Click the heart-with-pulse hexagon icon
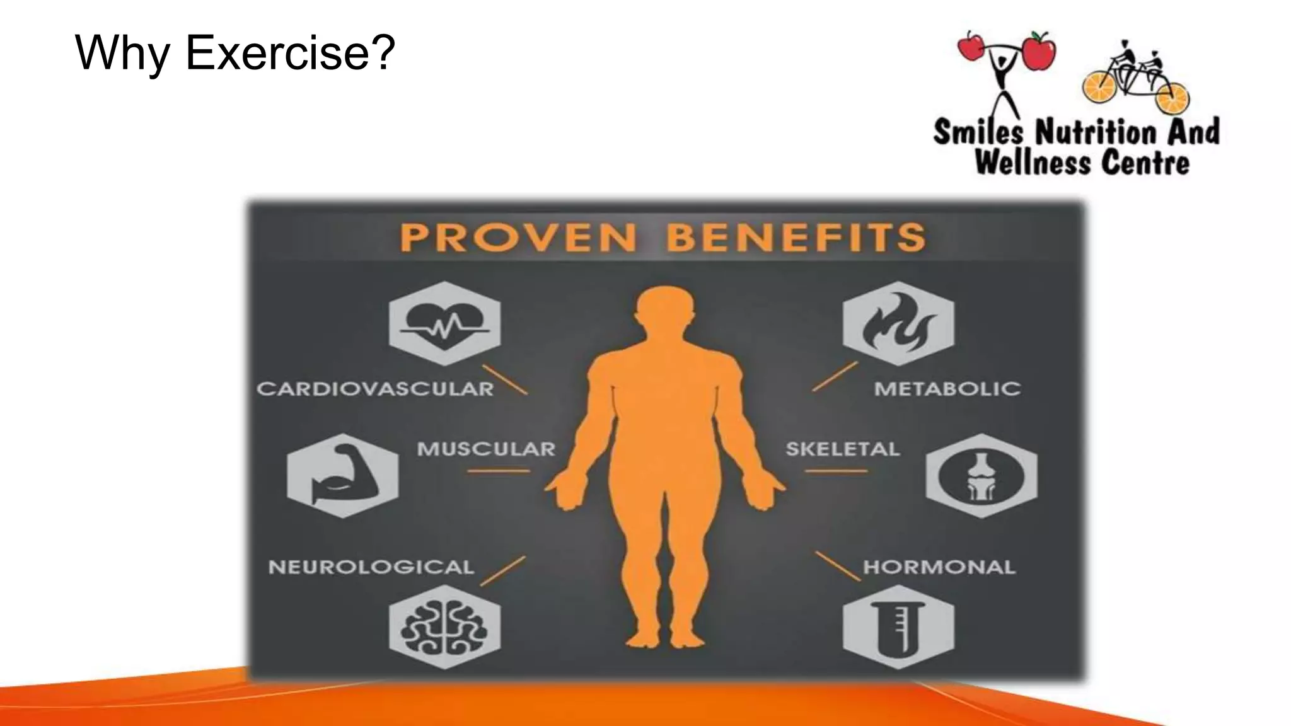pos(444,323)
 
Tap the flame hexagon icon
pos(898,323)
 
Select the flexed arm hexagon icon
pos(342,476)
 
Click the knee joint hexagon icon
pos(981,476)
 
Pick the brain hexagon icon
pos(444,626)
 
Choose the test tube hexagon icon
pos(898,626)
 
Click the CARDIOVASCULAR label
pos(375,389)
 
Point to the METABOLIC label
pos(947,389)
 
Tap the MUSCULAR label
pos(486,449)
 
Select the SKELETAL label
pos(842,449)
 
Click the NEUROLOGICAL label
pos(371,567)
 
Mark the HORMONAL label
pos(939,567)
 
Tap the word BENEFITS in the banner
pos(796,238)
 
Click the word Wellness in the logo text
pos(1032,163)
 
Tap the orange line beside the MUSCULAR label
pos(498,471)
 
